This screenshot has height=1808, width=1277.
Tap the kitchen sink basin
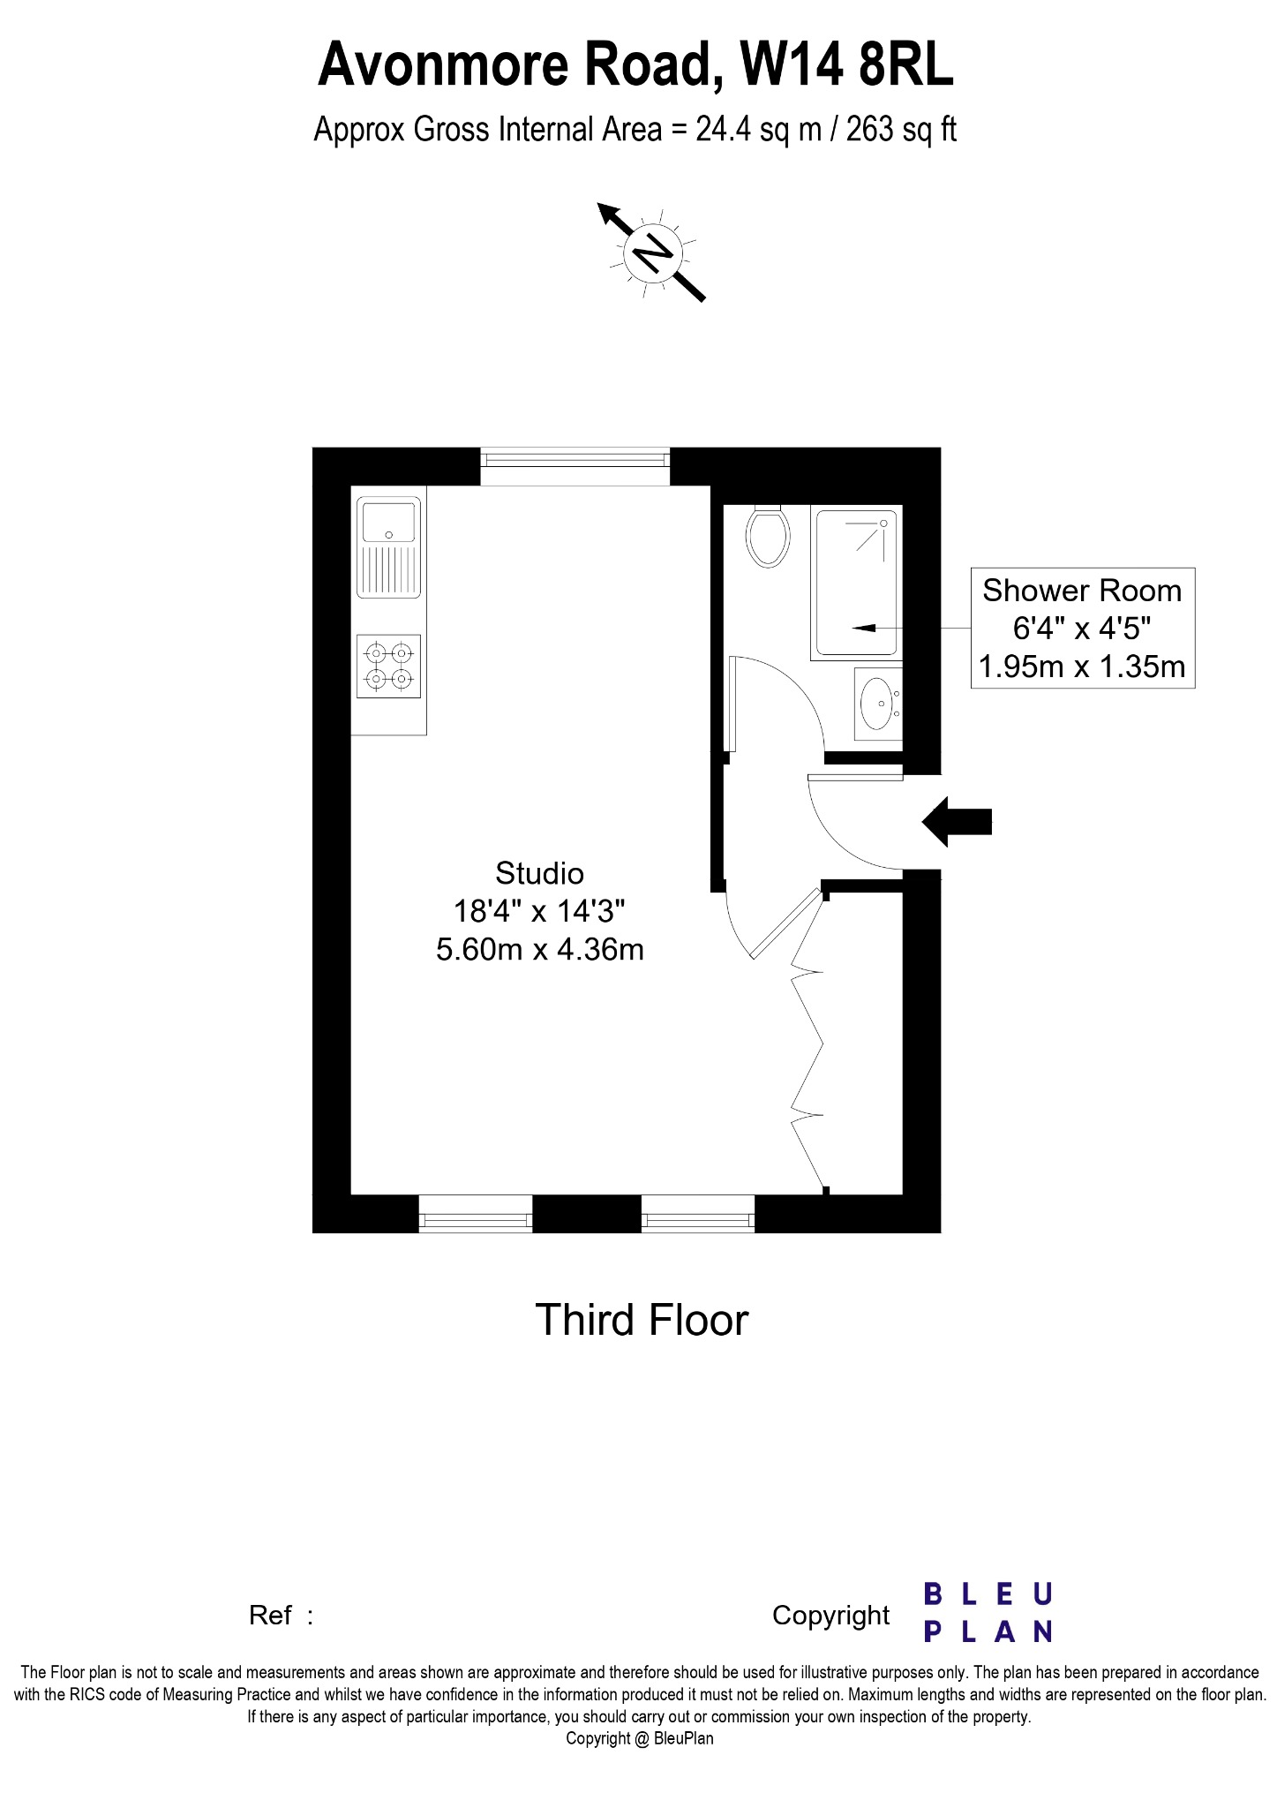[x=389, y=522]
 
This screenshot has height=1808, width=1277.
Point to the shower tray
[x=857, y=583]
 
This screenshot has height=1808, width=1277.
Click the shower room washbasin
[x=878, y=704]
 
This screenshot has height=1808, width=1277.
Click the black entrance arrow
[x=957, y=822]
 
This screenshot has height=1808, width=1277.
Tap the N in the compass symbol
[x=653, y=253]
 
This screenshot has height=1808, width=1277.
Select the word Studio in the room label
[x=539, y=873]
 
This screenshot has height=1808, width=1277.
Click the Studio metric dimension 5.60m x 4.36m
[x=540, y=950]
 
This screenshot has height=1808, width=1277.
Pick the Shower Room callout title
[x=1082, y=590]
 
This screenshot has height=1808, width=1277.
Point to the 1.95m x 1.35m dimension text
[x=1082, y=666]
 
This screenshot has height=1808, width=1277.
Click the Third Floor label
[x=642, y=1320]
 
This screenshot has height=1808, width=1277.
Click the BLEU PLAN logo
[x=988, y=1613]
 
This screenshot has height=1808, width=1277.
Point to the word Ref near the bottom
[x=270, y=1615]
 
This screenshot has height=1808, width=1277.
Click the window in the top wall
[x=575, y=460]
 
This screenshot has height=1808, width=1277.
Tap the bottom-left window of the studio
[x=476, y=1214]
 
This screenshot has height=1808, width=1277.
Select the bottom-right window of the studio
[x=698, y=1214]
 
